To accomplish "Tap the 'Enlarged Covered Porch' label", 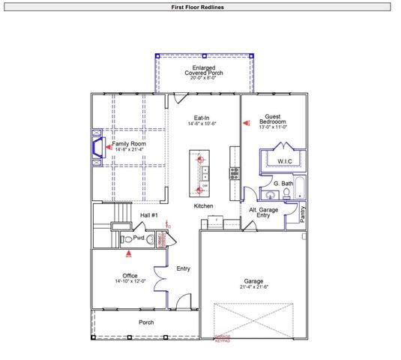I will tap(202, 72).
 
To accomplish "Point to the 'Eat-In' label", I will tap(202, 118).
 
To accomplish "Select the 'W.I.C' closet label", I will tap(285, 160).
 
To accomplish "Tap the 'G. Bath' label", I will tap(282, 184).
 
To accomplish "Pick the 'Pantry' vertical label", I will tap(303, 215).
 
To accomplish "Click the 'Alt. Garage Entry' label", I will tap(263, 213).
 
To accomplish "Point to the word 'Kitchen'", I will tap(204, 205).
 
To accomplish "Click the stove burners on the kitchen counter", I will tap(234, 172).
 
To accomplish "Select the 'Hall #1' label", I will tap(149, 216).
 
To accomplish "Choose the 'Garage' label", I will tap(253, 281).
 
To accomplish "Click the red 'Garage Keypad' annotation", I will tap(223, 337).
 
